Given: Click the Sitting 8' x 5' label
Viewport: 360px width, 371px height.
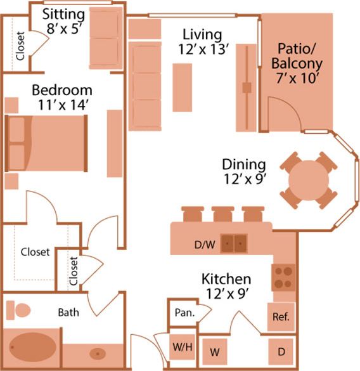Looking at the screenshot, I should (x=64, y=21).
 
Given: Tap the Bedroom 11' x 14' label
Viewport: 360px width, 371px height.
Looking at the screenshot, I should (x=61, y=97).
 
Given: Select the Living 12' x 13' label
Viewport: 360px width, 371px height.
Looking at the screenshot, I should (x=202, y=41).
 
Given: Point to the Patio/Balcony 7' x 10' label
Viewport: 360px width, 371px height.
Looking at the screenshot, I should (x=297, y=64).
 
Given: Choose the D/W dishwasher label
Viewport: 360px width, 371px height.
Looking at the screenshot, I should (x=203, y=244).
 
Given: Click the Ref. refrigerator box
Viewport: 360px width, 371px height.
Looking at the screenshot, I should (x=281, y=316).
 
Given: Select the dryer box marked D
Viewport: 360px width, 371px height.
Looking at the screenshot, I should (x=281, y=351).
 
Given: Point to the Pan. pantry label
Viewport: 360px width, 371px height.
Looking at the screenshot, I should (x=184, y=313).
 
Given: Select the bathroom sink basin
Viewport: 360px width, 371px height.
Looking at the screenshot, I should (x=98, y=353).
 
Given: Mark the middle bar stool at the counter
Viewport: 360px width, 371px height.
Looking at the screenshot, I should (x=221, y=214).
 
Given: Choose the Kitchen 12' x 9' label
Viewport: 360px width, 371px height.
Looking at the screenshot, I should (x=226, y=286).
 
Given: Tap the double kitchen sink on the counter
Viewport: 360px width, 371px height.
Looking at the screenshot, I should (x=234, y=243).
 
